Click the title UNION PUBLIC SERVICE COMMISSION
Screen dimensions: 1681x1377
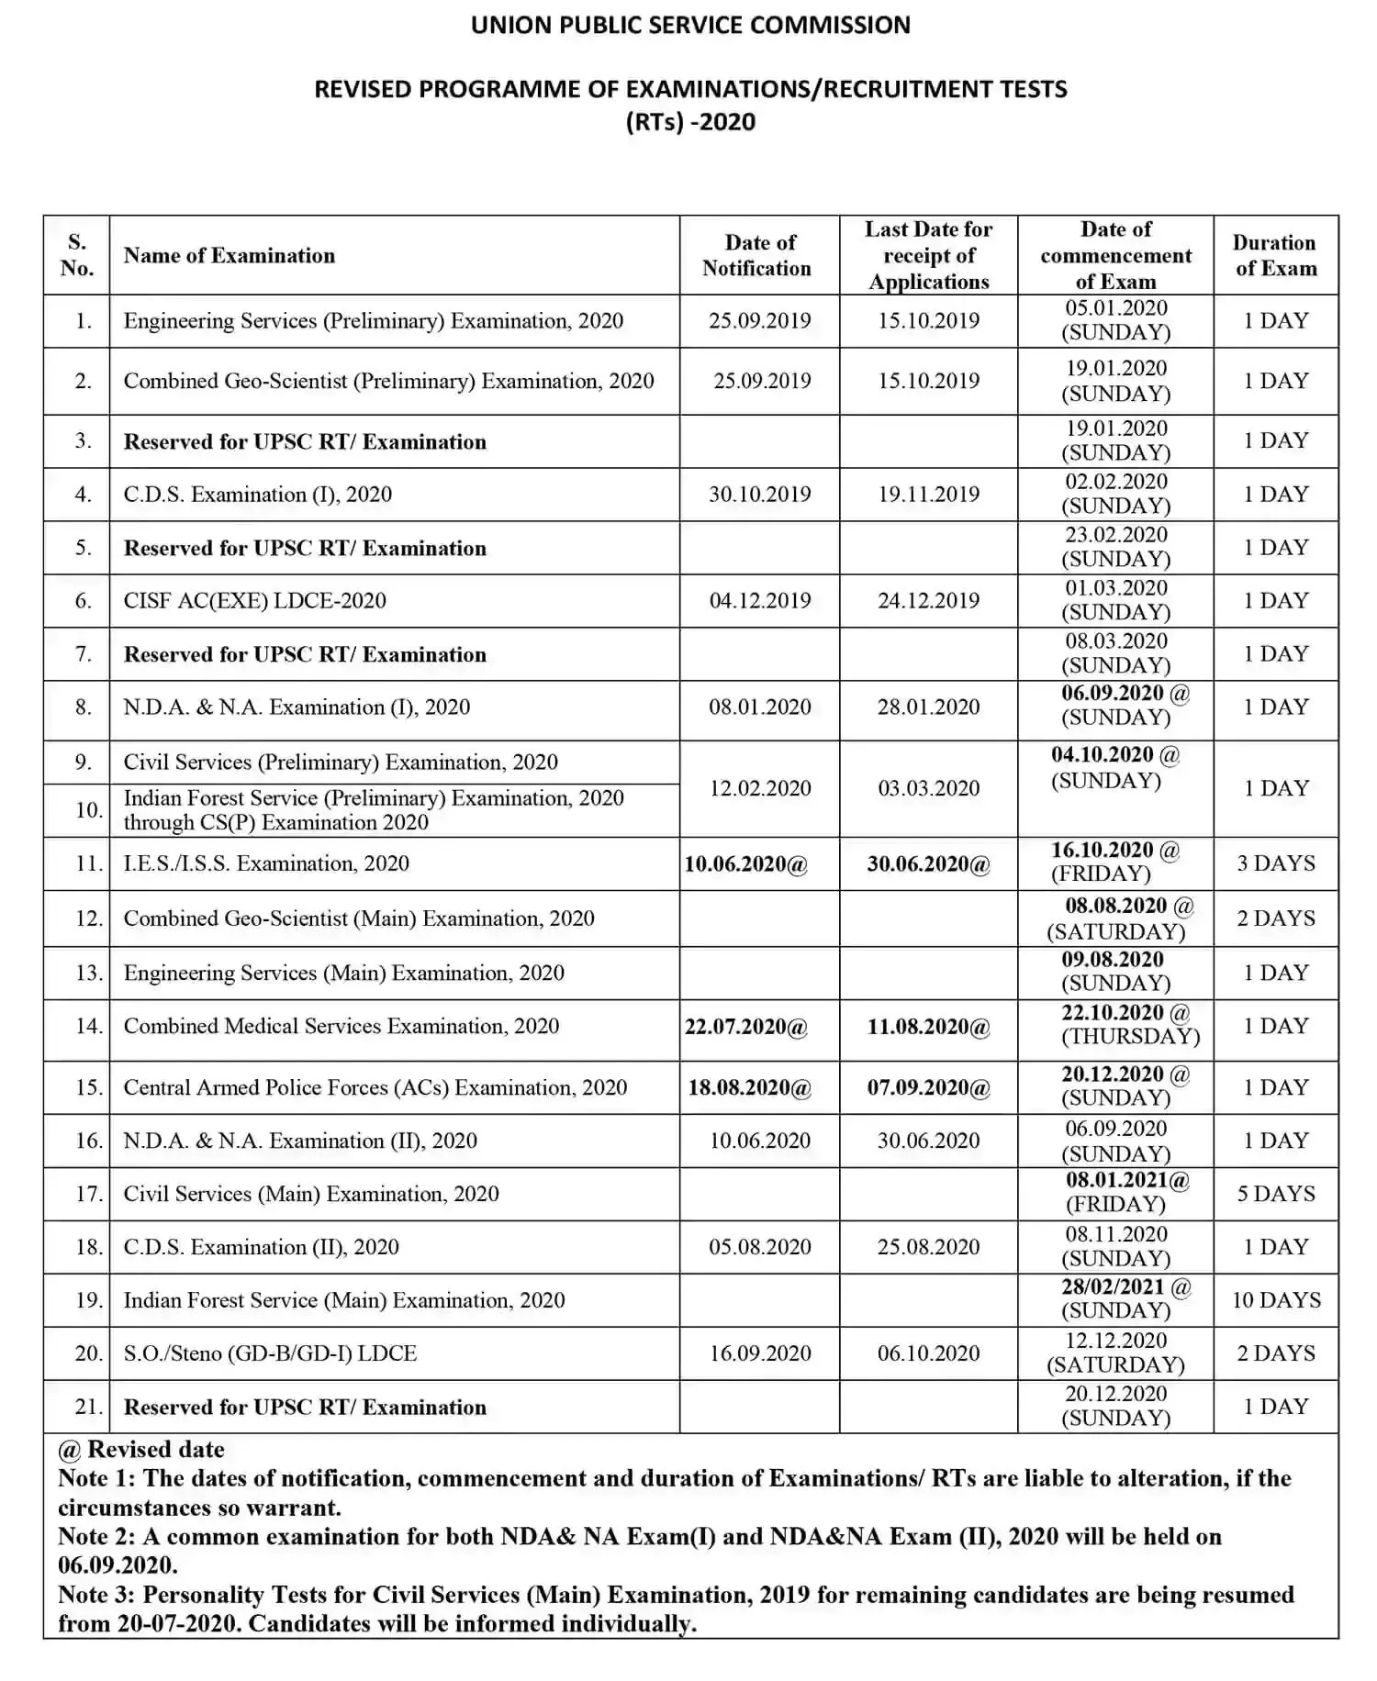(x=690, y=25)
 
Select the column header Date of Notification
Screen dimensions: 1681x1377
(x=758, y=255)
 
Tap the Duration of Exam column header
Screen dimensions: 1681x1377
(x=1275, y=255)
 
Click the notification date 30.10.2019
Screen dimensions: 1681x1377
(x=759, y=495)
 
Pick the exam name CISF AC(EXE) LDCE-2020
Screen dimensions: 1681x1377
(x=255, y=601)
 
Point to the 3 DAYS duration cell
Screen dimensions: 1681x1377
(x=1275, y=863)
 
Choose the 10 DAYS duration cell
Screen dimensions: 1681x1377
(x=1275, y=1300)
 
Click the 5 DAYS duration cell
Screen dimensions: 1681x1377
(x=1275, y=1194)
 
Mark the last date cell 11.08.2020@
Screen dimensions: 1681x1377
(x=928, y=1027)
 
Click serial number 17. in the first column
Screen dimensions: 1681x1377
(x=88, y=1194)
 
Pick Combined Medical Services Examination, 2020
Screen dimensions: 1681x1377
(x=341, y=1027)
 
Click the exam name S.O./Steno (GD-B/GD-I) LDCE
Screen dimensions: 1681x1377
(x=270, y=1353)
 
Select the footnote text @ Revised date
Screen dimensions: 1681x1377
(x=141, y=1450)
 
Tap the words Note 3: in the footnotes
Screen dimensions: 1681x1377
(x=96, y=1595)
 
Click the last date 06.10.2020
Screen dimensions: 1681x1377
(x=928, y=1353)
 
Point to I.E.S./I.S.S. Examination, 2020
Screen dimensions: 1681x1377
(x=266, y=863)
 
